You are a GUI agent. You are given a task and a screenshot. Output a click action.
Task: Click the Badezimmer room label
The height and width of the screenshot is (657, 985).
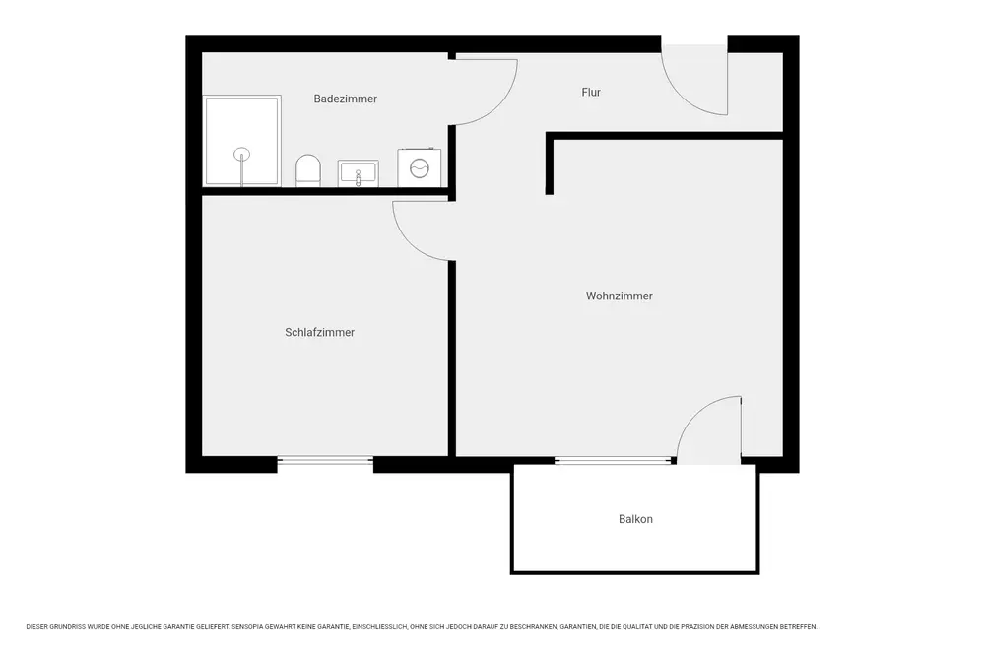(x=346, y=99)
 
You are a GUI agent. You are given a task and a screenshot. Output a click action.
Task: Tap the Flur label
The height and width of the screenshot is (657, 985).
(x=591, y=92)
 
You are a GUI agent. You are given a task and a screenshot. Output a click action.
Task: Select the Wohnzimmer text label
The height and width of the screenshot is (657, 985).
(x=620, y=296)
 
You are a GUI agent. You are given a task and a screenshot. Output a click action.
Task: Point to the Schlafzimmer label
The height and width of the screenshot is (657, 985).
(x=320, y=332)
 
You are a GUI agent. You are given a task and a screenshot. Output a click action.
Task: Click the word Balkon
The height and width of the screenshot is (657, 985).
(x=635, y=519)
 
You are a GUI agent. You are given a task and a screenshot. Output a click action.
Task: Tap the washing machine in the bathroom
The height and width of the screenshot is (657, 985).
(x=419, y=167)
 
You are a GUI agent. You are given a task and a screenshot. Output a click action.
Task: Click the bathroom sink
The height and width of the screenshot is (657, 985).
(x=359, y=173)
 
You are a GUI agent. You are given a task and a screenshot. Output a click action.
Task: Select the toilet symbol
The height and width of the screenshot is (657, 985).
(x=308, y=170)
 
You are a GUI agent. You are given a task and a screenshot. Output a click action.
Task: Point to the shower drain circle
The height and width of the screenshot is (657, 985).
(x=242, y=154)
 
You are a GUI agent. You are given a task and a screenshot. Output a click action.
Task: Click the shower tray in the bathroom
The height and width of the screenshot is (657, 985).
(x=242, y=141)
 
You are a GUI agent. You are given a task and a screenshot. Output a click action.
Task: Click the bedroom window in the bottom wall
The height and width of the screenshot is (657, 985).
(x=325, y=460)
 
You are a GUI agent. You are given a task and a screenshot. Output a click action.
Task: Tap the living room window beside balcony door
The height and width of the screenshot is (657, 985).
(x=613, y=460)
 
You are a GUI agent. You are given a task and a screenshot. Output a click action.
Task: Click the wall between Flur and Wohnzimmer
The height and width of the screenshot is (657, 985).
(x=665, y=136)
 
